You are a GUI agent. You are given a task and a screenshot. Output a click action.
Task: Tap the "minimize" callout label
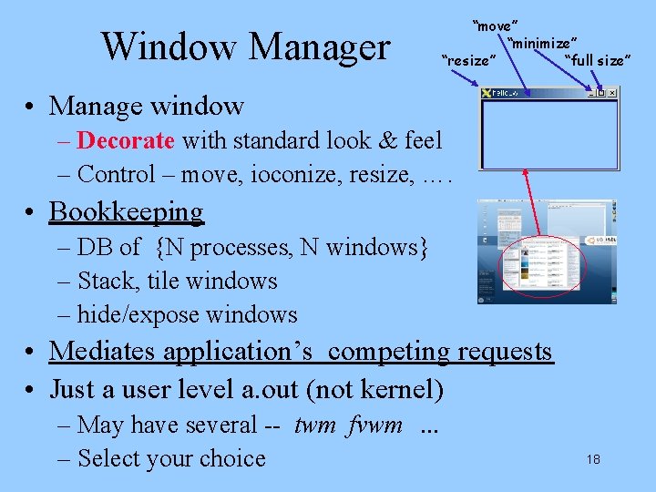click(x=544, y=43)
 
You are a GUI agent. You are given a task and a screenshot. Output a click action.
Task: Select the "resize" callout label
click(x=468, y=61)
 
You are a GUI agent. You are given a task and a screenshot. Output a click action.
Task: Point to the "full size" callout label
click(x=597, y=61)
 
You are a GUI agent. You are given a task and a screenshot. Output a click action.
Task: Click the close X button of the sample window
click(x=611, y=92)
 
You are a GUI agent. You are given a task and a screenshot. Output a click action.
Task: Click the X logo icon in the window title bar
click(x=487, y=92)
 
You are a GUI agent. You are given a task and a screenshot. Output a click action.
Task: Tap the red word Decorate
click(x=126, y=140)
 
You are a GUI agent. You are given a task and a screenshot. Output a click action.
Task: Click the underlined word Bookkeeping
click(x=127, y=211)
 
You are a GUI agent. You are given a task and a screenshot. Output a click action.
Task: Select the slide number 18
click(x=593, y=459)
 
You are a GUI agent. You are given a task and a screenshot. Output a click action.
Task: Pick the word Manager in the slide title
click(x=312, y=46)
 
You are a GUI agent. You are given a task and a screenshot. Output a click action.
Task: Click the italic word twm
click(x=315, y=425)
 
